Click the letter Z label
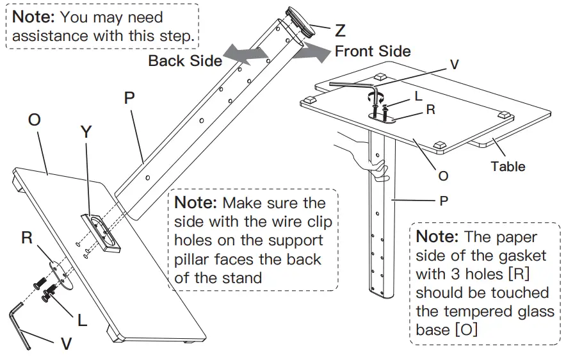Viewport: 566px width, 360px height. [340, 30]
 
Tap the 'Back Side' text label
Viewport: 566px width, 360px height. [185, 61]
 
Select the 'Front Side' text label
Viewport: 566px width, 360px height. [373, 51]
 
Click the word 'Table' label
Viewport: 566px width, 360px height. [508, 167]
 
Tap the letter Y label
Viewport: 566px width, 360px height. [86, 132]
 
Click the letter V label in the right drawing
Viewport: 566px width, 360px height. [454, 64]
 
